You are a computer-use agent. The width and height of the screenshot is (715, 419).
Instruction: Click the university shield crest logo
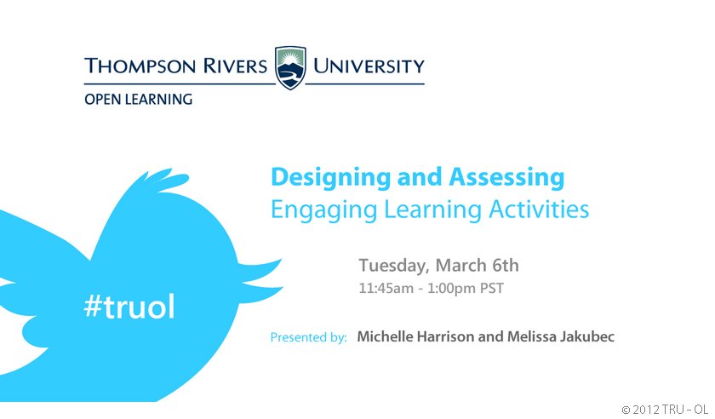pos(290,67)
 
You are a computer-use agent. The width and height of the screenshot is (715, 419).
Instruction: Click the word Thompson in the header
pos(140,66)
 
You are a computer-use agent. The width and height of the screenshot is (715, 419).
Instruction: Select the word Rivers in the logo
pos(235,66)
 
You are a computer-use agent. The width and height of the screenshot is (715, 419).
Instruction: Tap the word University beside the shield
pos(369,66)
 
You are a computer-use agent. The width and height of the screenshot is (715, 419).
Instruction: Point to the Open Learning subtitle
pos(138,99)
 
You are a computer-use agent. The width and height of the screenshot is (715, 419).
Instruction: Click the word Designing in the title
pos(330,177)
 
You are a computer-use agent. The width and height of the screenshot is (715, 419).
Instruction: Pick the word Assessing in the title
pos(506,177)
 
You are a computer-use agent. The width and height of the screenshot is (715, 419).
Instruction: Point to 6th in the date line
pos(506,265)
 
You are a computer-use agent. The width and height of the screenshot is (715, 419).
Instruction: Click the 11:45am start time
pos(386,289)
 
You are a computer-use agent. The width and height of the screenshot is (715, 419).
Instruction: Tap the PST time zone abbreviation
pos(492,289)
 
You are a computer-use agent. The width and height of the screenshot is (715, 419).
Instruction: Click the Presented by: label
pos(308,337)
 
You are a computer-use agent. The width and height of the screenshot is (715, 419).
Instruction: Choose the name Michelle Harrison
pos(415,337)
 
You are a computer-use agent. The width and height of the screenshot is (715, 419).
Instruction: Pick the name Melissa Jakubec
pos(561,337)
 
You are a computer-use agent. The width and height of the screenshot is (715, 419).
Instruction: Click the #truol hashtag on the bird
pos(129,306)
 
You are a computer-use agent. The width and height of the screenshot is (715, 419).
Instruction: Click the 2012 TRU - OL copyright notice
pos(665,410)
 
